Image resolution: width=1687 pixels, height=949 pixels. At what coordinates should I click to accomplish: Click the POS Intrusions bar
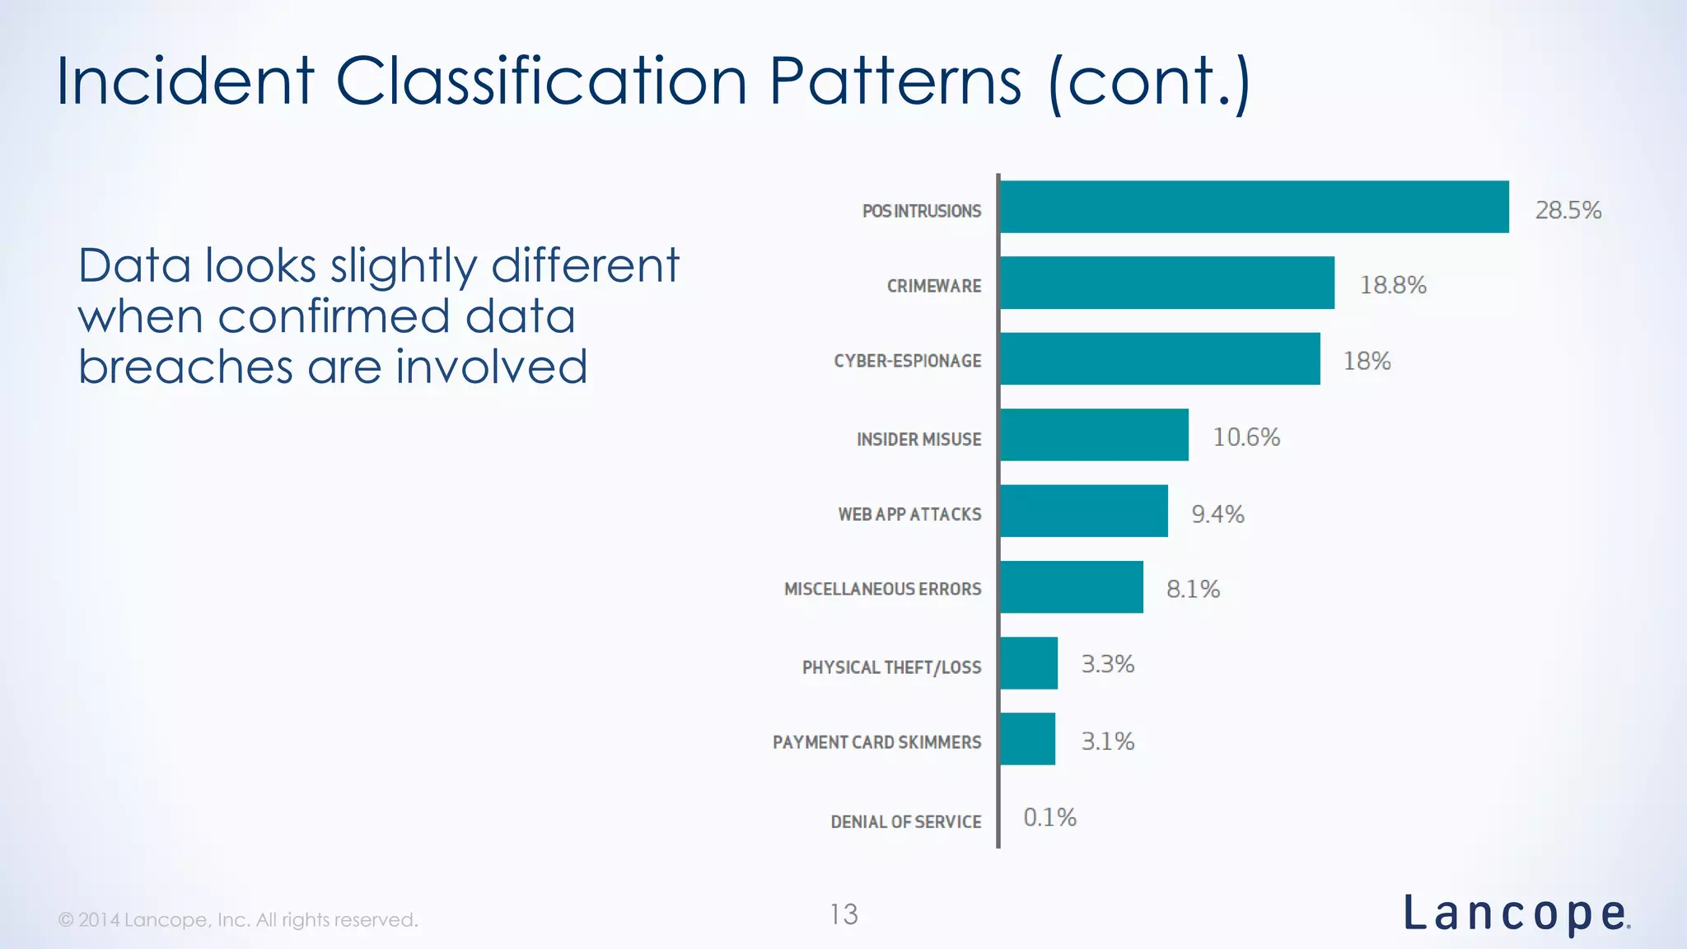click(x=1254, y=207)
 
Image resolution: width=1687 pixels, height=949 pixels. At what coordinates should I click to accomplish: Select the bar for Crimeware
click(x=1166, y=283)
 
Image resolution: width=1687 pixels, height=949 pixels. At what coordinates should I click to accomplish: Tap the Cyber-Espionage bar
click(x=1159, y=358)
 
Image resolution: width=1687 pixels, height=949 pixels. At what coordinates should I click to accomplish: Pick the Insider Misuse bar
click(x=1094, y=434)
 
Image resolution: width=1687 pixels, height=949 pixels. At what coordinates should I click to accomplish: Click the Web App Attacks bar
click(x=1083, y=511)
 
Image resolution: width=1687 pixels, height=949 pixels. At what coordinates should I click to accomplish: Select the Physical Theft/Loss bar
click(x=1028, y=663)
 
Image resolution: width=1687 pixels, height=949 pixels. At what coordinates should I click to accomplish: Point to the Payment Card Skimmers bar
click(x=1027, y=739)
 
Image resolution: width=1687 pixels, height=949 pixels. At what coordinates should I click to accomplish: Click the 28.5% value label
click(x=1568, y=210)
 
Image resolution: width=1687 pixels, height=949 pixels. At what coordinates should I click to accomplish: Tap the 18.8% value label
click(x=1392, y=285)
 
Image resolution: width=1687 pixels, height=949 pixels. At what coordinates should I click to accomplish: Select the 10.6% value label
click(x=1246, y=437)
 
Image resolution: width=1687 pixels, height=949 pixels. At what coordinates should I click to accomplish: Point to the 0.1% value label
click(x=1049, y=817)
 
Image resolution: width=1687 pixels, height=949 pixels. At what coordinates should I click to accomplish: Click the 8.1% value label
click(x=1192, y=589)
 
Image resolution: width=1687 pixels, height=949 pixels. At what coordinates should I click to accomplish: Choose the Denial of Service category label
click(x=905, y=821)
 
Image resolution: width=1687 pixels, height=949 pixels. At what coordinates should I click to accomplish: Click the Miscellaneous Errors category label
click(x=882, y=589)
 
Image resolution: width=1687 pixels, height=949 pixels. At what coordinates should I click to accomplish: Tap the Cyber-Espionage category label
click(x=907, y=361)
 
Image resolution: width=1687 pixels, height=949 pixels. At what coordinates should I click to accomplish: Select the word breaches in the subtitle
click(x=185, y=367)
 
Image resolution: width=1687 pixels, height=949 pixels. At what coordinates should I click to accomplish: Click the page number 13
click(x=843, y=914)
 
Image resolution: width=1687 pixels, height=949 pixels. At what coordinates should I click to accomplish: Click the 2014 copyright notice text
click(x=238, y=919)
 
